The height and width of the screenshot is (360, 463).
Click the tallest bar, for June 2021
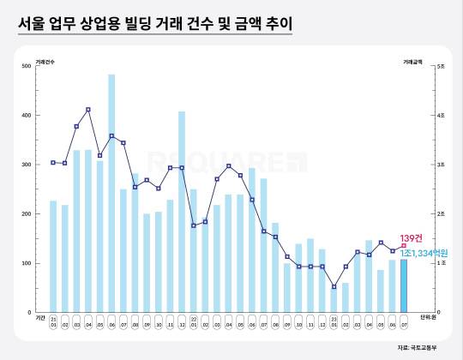(x=111, y=193)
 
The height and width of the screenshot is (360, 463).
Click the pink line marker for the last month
(x=404, y=246)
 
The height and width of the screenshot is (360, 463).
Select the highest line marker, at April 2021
(x=88, y=110)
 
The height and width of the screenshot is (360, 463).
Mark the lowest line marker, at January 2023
(x=334, y=286)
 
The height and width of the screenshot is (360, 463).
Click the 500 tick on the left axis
(x=39, y=66)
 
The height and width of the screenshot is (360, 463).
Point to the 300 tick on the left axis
(x=39, y=165)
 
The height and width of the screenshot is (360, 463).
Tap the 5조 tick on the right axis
(x=440, y=66)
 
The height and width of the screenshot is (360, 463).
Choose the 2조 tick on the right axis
(x=440, y=213)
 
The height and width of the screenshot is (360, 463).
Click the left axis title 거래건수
(x=45, y=61)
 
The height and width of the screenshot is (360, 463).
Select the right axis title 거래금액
(x=413, y=61)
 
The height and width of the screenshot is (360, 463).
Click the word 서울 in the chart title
(x=33, y=23)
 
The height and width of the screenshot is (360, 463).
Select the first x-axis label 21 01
(x=53, y=321)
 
